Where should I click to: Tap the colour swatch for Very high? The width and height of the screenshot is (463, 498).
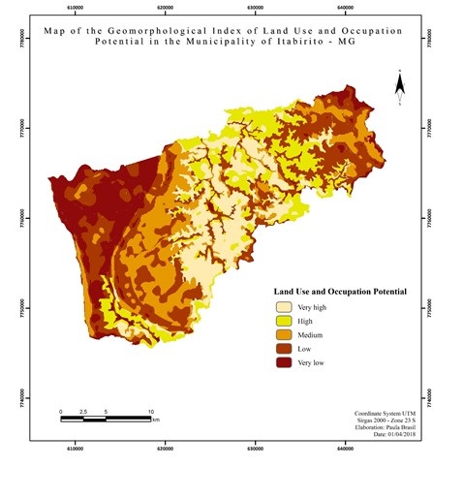(x=284, y=307)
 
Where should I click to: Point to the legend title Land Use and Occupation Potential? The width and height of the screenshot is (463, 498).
(x=339, y=291)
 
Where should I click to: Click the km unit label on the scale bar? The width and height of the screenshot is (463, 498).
(x=156, y=420)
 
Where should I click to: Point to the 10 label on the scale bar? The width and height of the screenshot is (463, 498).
(x=150, y=411)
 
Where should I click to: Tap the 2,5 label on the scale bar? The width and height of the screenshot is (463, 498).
(x=83, y=411)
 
